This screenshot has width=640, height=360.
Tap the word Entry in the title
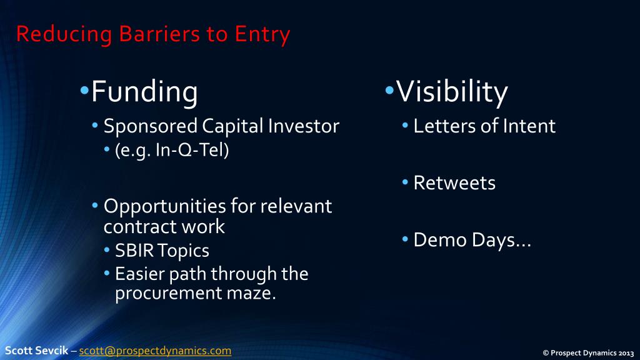(262, 34)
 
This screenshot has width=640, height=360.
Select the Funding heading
(144, 92)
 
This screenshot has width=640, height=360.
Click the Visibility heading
(452, 92)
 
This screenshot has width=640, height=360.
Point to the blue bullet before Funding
(84, 91)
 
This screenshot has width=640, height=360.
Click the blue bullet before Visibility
(389, 91)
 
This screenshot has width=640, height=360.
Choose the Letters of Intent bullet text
(484, 126)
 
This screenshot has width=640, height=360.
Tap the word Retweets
(454, 183)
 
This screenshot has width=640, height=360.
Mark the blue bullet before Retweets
(406, 182)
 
